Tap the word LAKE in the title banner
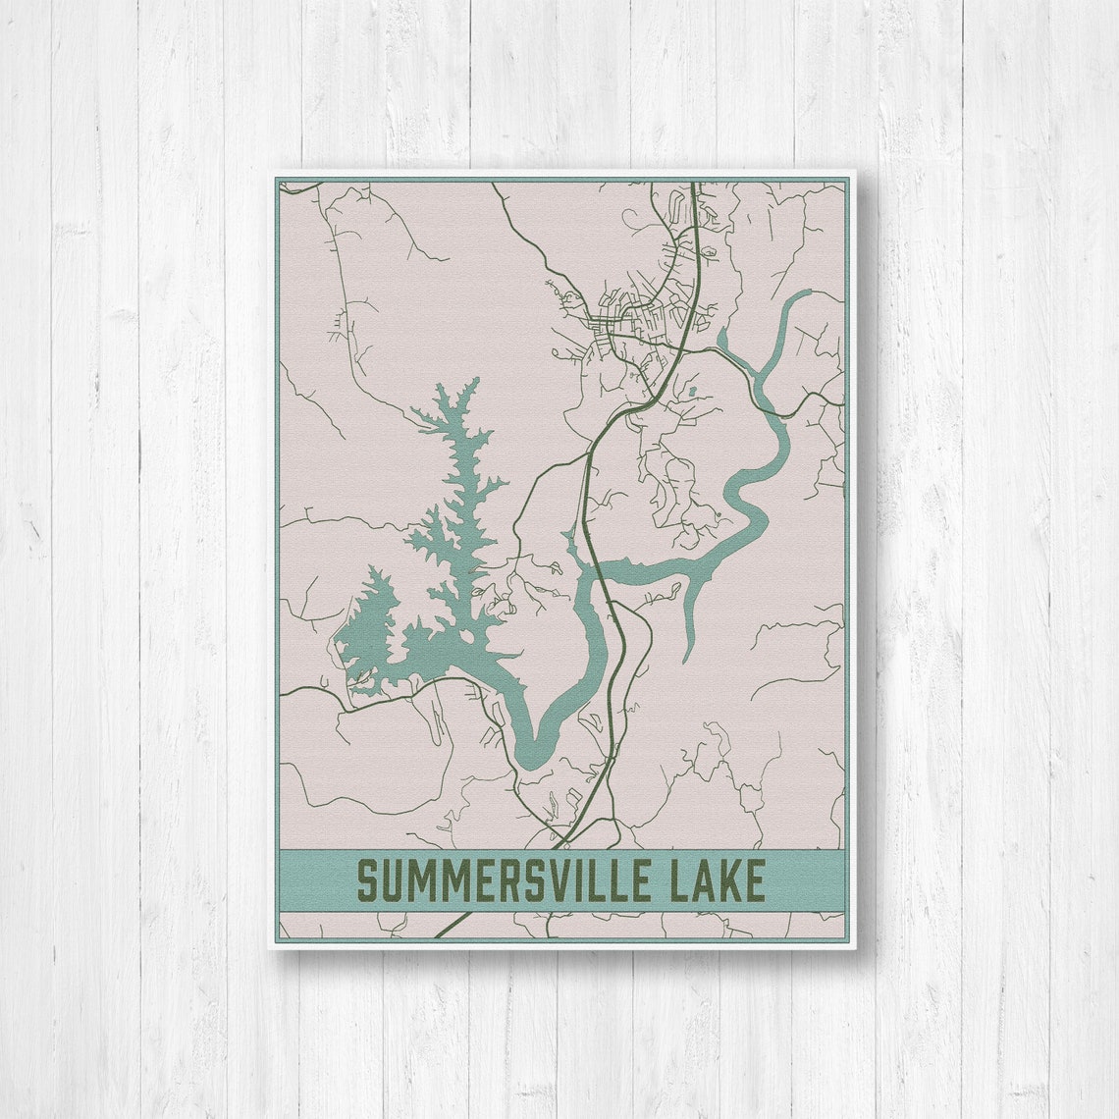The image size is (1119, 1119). pyautogui.click(x=719, y=880)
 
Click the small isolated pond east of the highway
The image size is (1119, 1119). pyautogui.click(x=692, y=392)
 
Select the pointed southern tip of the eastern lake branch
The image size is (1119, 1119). pyautogui.click(x=687, y=659)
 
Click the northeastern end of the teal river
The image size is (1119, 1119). pyautogui.click(x=807, y=292)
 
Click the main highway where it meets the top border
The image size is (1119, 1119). pyautogui.click(x=693, y=184)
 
